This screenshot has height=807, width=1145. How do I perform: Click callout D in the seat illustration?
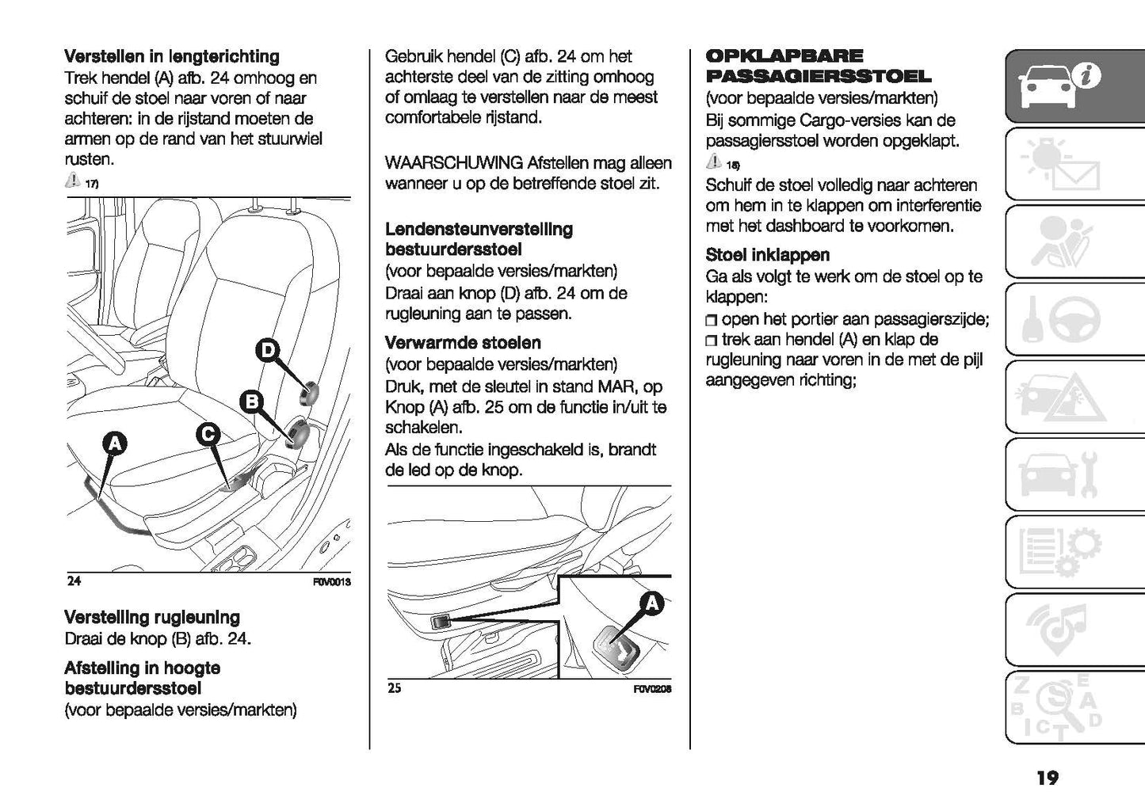click(x=268, y=350)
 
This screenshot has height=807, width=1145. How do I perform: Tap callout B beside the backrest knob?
click(x=251, y=402)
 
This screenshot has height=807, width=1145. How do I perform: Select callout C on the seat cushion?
click(x=208, y=435)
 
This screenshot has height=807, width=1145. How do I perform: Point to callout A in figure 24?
click(x=114, y=444)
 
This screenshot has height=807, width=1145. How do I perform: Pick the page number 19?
click(x=1047, y=778)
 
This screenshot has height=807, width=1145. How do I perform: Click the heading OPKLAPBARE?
click(x=784, y=56)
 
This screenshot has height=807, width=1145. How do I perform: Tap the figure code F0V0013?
click(x=332, y=582)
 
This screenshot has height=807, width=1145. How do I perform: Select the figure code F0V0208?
click(x=653, y=689)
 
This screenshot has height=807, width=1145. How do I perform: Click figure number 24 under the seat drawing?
click(x=74, y=581)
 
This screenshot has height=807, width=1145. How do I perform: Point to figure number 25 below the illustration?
click(x=395, y=688)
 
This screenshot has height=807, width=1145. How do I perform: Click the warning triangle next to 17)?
click(x=73, y=181)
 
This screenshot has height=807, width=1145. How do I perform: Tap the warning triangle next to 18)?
click(x=713, y=163)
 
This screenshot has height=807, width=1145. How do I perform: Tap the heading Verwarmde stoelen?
click(x=463, y=343)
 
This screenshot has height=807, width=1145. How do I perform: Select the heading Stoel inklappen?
click(x=768, y=255)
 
